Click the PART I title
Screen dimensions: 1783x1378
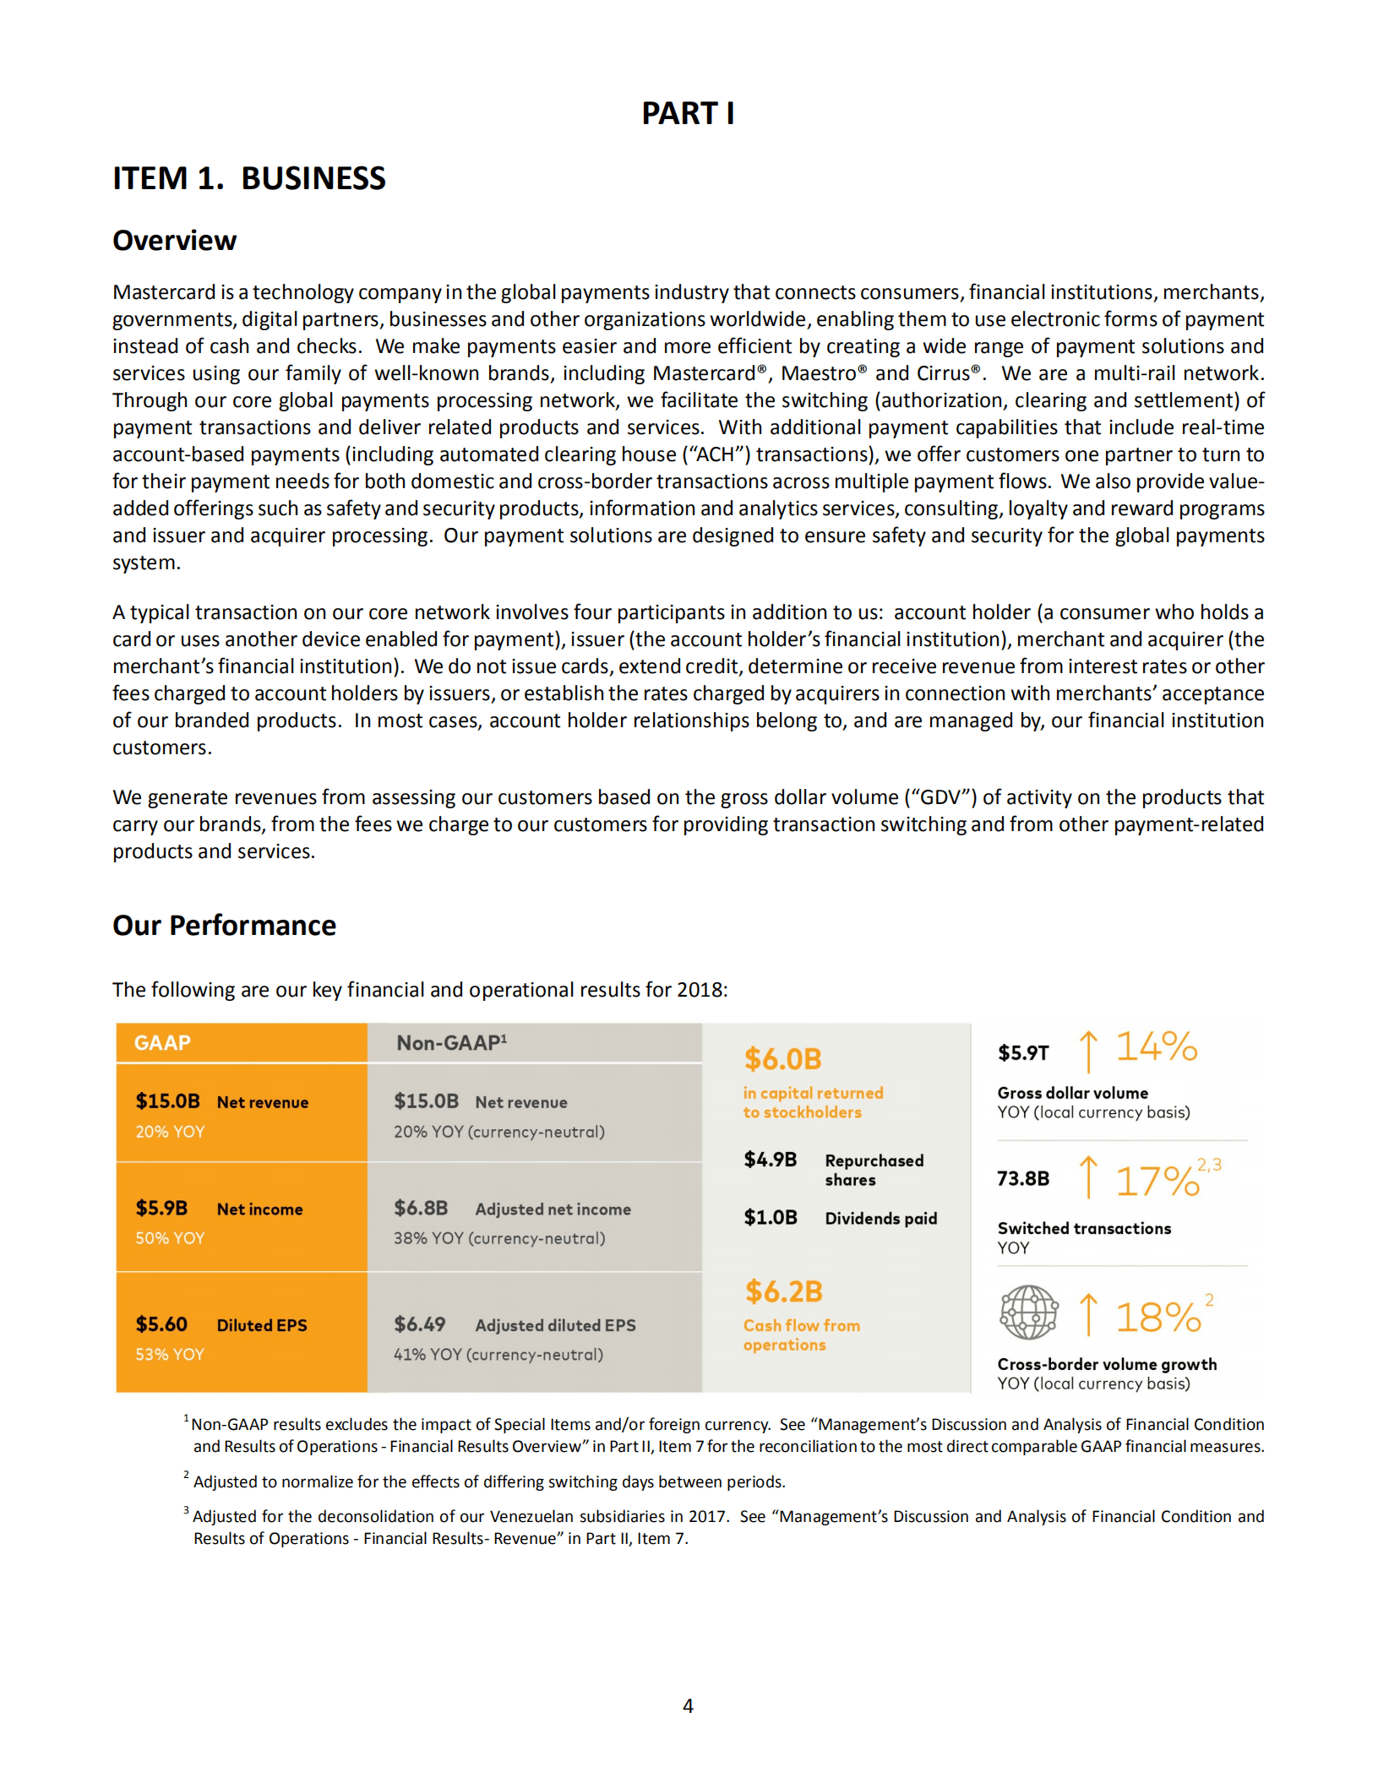pos(688,113)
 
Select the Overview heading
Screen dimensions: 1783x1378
pos(174,241)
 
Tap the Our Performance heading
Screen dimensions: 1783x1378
pos(224,925)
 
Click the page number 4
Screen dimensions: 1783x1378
pos(688,1705)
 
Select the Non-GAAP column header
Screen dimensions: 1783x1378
pos(452,1043)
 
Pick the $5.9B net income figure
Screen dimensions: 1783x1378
pos(161,1208)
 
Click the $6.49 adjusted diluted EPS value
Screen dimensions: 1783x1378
pos(419,1324)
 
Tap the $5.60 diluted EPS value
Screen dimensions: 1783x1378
pos(161,1324)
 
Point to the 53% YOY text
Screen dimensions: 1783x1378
pos(170,1354)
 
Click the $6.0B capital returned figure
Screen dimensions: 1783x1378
pos(782,1058)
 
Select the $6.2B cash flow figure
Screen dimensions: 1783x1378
pos(783,1291)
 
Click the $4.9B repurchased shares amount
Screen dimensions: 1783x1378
pos(770,1160)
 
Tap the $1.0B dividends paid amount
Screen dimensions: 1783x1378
pos(770,1217)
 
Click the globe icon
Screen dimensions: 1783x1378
pos(1028,1312)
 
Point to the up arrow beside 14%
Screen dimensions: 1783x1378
pos(1088,1051)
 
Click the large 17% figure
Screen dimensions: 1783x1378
pos(1157,1181)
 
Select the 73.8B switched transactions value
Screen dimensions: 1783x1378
pos(1023,1178)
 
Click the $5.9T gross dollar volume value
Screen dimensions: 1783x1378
pos(1023,1052)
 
